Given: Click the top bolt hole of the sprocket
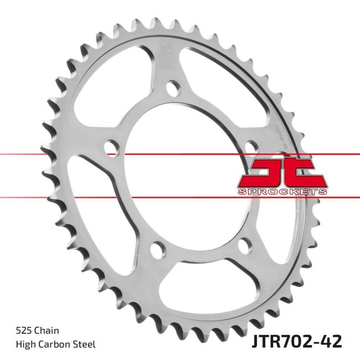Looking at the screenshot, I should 173,88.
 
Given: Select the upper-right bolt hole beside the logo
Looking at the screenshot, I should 250,147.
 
